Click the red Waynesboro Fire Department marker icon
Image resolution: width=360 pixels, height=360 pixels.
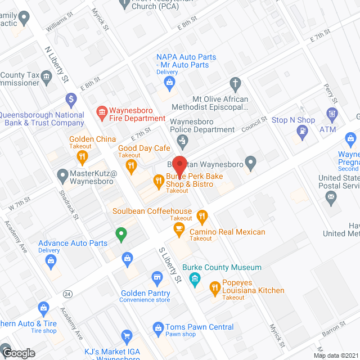[102, 114]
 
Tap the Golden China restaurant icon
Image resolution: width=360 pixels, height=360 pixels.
[83, 157]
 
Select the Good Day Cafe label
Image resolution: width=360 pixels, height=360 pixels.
[136, 148]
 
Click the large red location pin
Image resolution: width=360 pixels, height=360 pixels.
[180, 165]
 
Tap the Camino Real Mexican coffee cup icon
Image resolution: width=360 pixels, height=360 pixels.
[179, 228]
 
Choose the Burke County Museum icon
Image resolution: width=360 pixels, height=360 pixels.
[195, 278]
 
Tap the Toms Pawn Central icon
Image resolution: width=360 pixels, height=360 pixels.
[157, 327]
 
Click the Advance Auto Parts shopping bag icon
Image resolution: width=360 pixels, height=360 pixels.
[51, 260]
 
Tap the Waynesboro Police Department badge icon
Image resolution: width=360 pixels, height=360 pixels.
[180, 139]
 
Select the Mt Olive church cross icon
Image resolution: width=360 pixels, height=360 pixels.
[236, 85]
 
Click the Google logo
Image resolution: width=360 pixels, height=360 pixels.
[19, 353]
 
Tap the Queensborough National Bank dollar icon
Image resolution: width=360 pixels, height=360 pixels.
[71, 101]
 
